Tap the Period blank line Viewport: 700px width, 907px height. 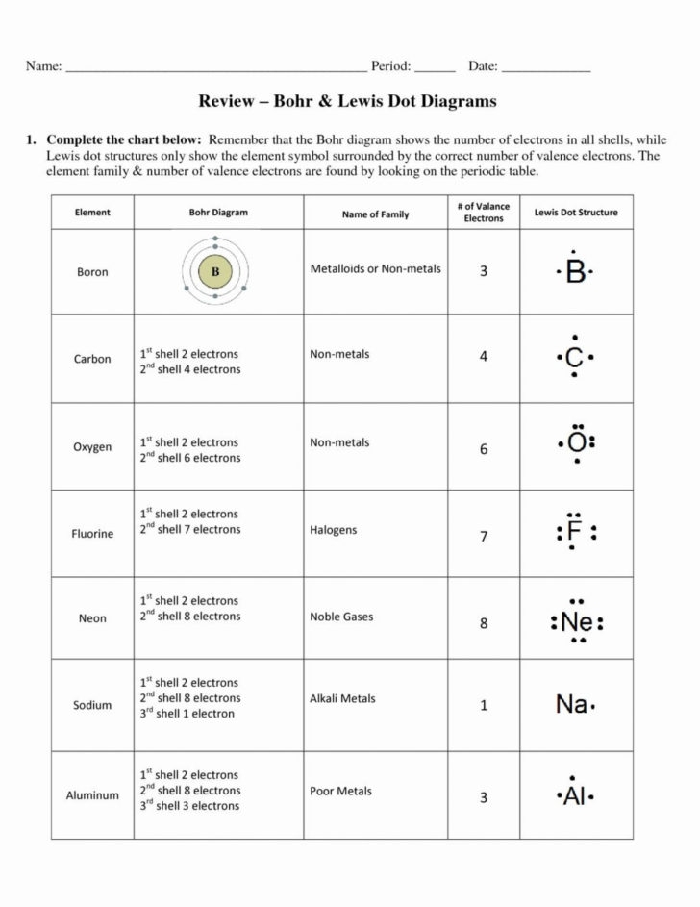coord(436,70)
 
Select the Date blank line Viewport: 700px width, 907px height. coord(546,70)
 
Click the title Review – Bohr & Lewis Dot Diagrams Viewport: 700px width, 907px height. coord(347,101)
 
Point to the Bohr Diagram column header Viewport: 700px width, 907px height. coord(218,213)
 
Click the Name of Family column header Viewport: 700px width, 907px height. coord(375,214)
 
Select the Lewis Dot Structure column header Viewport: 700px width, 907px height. coord(576,213)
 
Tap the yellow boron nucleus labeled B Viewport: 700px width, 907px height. coord(215,272)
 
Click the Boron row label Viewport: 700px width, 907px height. coord(92,272)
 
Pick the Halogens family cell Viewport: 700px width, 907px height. coord(333,530)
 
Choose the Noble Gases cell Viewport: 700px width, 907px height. coord(341,617)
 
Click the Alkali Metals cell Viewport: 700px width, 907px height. coord(342,699)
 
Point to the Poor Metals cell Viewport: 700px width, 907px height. coord(340,792)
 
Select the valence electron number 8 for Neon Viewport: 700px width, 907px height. coord(484,623)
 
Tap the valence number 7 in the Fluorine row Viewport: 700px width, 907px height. coord(484,537)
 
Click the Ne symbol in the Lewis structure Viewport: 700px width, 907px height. coord(577,623)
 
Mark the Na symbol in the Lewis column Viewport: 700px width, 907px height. coord(571,705)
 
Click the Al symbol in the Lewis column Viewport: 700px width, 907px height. coord(575,797)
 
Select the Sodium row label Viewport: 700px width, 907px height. coord(92,705)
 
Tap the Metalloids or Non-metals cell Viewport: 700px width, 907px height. coord(375,268)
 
